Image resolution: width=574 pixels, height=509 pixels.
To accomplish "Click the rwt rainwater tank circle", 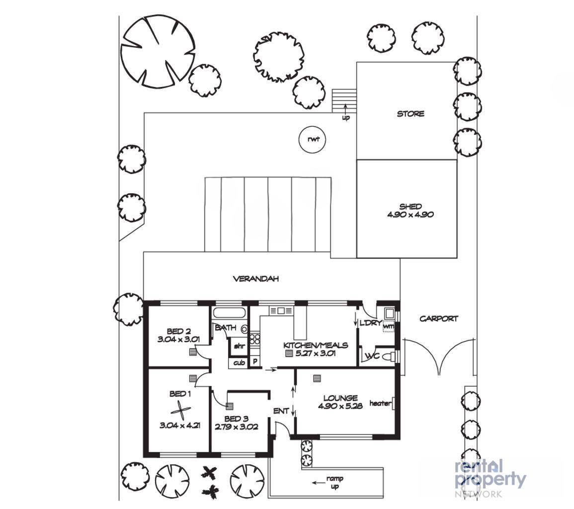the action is (x=312, y=139).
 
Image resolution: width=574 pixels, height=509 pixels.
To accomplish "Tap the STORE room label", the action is (x=410, y=114).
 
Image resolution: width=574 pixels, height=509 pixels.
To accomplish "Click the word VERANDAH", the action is (x=256, y=279).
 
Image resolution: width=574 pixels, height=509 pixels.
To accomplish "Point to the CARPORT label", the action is (x=438, y=319).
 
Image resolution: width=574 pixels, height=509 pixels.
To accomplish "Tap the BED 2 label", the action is (x=178, y=331).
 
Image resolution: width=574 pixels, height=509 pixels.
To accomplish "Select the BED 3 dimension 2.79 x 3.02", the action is (x=237, y=426).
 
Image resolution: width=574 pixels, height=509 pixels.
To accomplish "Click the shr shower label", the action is (x=239, y=345).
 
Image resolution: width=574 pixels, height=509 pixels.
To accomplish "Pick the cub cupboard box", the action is (x=239, y=362).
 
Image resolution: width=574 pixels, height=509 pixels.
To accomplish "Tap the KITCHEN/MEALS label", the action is (x=316, y=345).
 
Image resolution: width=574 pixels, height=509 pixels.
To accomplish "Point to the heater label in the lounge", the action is (x=380, y=403).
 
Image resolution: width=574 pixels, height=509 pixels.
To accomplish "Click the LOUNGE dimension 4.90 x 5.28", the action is (x=340, y=406).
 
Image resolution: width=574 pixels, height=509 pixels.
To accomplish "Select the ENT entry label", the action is (x=281, y=411).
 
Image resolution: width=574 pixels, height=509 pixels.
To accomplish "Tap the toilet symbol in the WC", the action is (x=390, y=356).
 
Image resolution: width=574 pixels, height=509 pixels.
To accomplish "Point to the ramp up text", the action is (x=334, y=482).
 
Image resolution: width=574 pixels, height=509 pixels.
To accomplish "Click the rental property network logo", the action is (x=490, y=478).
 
